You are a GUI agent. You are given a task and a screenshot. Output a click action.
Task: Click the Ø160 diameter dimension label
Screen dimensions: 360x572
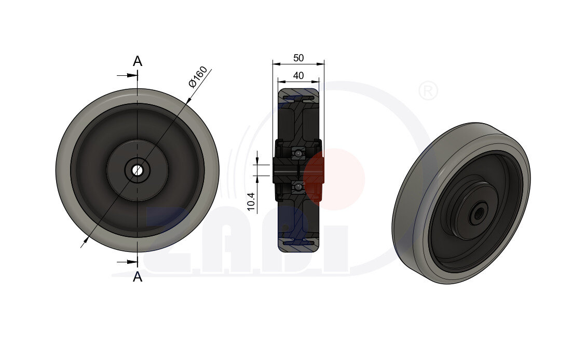(198, 77)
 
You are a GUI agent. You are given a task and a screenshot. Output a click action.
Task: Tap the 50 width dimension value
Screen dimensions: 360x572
(298, 58)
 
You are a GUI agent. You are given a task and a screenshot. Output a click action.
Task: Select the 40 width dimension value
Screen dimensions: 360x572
(298, 75)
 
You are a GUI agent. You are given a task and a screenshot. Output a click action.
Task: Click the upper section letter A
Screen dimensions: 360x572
(138, 61)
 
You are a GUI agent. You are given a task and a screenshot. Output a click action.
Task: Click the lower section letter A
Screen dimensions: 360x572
(138, 277)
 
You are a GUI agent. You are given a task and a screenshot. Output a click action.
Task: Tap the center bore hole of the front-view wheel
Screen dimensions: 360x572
(138, 170)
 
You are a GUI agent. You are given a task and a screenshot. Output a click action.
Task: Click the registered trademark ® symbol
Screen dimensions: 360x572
(428, 91)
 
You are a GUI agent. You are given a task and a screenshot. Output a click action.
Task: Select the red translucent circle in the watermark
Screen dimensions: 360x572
(335, 179)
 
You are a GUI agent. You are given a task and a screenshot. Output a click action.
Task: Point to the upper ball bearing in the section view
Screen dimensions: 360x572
(298, 153)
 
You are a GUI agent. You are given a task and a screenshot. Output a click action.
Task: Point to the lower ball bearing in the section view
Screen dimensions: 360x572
(298, 186)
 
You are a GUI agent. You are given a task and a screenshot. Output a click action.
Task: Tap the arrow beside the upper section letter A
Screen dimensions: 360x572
(128, 76)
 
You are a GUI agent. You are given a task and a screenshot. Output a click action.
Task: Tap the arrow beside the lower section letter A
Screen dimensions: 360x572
(128, 261)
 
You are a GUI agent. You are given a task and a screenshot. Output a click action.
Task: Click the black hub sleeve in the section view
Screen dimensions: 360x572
(285, 170)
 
